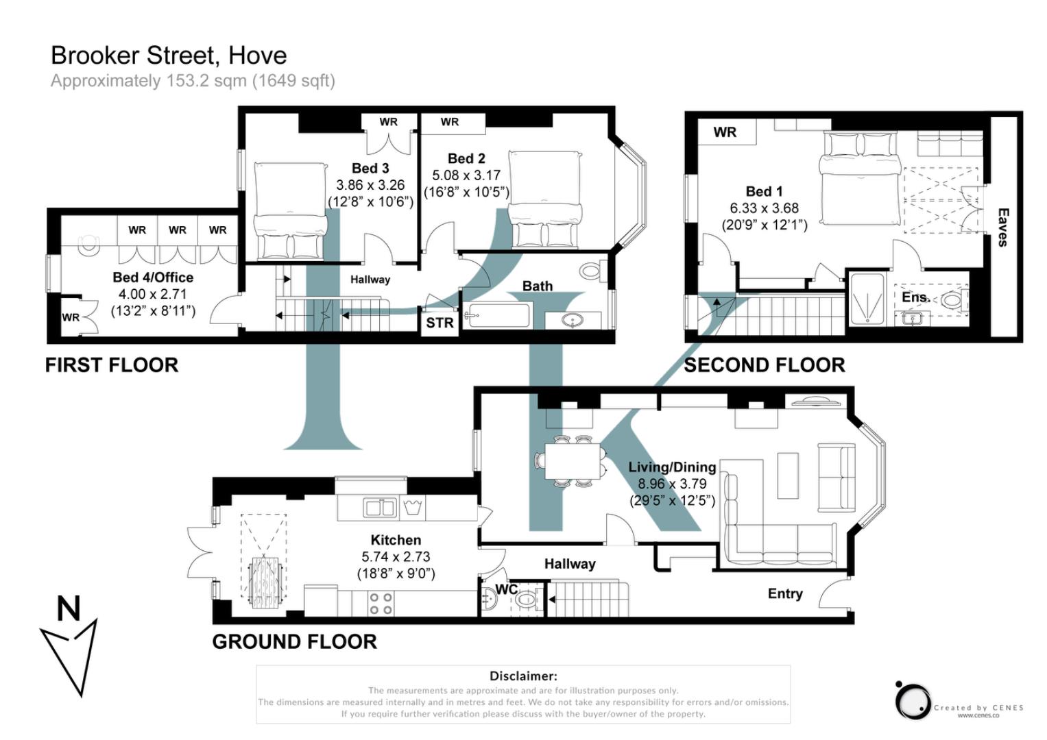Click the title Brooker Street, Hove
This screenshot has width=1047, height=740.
[x=169, y=56]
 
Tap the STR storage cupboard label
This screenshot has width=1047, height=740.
[x=440, y=323]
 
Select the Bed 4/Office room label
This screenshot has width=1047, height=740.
[x=153, y=277]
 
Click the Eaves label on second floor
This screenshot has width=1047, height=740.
[x=1002, y=227]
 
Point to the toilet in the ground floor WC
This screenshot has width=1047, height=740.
[x=527, y=600]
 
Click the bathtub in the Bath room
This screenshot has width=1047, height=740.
[x=496, y=317]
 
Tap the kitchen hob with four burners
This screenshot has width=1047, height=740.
[x=381, y=603]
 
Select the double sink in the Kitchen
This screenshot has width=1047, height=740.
[x=380, y=508]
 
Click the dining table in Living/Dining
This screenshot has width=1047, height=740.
[x=573, y=461]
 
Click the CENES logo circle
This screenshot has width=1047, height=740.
[x=913, y=702]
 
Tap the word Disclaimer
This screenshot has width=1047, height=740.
[x=523, y=676]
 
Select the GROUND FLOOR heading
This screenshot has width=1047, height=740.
[x=294, y=642]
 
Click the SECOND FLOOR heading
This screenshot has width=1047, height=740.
[x=765, y=365]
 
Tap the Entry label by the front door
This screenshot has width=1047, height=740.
[x=784, y=594]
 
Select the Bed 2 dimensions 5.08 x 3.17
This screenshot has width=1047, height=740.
[x=466, y=175]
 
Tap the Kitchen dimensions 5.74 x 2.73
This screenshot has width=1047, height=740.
[x=396, y=557]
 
